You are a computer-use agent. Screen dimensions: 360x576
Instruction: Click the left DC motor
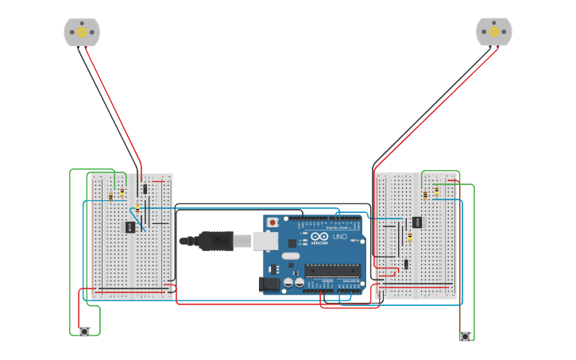[x=82, y=32]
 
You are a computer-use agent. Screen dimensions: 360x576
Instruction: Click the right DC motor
[x=493, y=32]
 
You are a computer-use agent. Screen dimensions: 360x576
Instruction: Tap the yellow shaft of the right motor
[x=493, y=32]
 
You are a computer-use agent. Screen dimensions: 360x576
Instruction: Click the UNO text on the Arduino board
[x=339, y=237]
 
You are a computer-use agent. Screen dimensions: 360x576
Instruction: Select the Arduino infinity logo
[x=319, y=237]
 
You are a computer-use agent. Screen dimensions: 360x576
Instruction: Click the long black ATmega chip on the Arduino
[x=331, y=271]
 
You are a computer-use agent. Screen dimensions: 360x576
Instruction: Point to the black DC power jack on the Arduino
[x=269, y=283]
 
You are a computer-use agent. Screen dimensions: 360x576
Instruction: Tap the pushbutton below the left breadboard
[x=84, y=331]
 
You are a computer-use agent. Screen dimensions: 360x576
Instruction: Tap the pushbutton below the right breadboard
[x=465, y=336]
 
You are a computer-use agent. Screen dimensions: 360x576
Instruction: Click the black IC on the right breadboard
[x=416, y=222]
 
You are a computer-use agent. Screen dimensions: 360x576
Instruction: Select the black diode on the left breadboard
[x=145, y=189]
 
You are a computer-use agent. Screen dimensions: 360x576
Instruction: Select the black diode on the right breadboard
[x=405, y=264]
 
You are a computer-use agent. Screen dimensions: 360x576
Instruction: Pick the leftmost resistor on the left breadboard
[x=110, y=195]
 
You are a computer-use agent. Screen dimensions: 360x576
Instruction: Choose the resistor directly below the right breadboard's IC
[x=410, y=237]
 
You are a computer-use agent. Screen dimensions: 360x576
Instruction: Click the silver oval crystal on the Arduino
[x=290, y=256]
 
